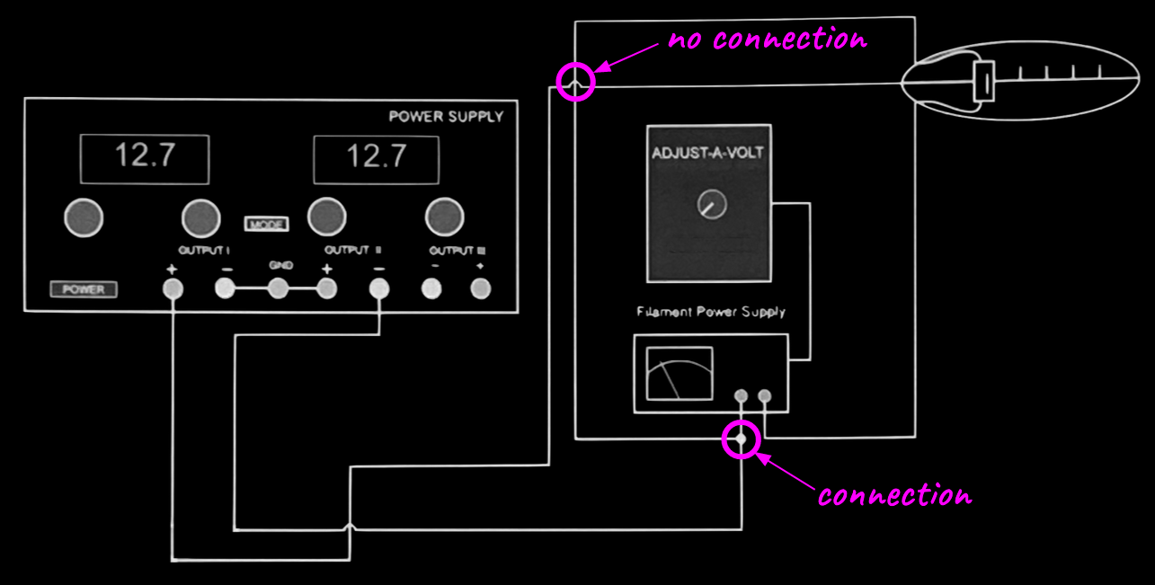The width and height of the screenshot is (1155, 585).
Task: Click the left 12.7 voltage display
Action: coord(144,158)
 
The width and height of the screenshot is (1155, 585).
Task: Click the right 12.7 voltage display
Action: coord(376,158)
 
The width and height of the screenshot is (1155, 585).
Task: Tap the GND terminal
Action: coord(279,288)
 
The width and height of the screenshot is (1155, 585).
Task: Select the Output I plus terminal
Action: coord(172,288)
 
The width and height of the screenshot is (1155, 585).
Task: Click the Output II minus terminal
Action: coord(379,288)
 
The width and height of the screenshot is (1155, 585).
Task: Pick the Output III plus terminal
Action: coord(481,288)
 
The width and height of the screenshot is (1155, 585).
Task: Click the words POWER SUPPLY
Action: coord(446,117)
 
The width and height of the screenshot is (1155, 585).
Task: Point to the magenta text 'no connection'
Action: coord(767,40)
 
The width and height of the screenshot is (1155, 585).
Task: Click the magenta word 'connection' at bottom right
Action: coord(894,495)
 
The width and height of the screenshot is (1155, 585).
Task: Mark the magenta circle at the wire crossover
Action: coord(576,82)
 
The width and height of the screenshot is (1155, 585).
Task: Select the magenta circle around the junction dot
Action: coord(742,439)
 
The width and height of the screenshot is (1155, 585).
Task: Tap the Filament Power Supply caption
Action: coord(710,312)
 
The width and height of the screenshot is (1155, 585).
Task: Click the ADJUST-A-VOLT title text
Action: coord(707,153)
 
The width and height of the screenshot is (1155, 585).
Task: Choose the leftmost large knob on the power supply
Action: coord(84,217)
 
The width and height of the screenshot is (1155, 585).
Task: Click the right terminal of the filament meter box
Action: coord(765,395)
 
